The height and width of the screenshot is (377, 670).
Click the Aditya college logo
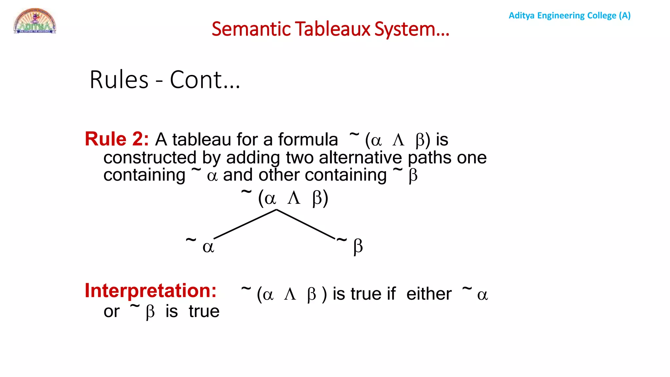click(35, 21)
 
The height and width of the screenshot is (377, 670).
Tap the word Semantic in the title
click(251, 29)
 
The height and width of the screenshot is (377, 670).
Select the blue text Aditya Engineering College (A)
click(569, 15)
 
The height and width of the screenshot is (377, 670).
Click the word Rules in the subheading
click(119, 80)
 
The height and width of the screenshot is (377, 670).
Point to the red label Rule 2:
click(117, 139)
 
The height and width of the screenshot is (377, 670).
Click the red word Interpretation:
click(150, 291)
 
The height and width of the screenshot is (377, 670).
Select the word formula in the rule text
click(308, 139)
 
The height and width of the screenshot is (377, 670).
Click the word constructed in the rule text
click(150, 158)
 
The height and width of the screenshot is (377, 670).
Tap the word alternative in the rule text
click(360, 158)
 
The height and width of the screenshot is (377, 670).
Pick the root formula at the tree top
click(285, 197)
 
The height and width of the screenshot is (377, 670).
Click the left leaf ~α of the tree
click(200, 245)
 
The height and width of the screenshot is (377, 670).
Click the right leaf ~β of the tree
click(350, 245)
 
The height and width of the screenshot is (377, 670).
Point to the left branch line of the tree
click(245, 224)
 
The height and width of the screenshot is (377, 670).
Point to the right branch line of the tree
click(306, 224)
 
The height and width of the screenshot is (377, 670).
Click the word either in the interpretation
click(429, 294)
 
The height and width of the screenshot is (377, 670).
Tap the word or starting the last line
click(112, 312)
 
